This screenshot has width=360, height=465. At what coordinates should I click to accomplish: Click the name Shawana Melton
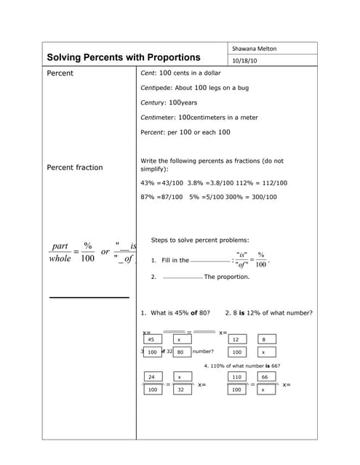[x=255, y=49]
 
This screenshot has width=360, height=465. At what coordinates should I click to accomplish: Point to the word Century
[x=153, y=102]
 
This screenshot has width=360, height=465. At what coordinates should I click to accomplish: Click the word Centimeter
[x=158, y=117]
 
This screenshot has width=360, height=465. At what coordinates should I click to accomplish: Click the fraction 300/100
[x=261, y=197]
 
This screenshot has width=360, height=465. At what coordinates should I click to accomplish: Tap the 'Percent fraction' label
[x=75, y=167]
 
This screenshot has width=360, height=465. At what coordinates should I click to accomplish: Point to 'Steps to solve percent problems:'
[x=199, y=240]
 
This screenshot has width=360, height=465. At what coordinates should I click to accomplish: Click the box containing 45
[x=151, y=339]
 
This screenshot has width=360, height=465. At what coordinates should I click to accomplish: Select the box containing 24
[x=152, y=377]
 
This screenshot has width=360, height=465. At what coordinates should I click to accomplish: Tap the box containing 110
[x=236, y=377]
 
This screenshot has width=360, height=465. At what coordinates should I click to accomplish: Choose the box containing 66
[x=264, y=377]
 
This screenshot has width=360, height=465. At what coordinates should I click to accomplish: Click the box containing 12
[x=236, y=339]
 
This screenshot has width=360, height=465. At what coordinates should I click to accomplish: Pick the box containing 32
[x=180, y=390]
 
